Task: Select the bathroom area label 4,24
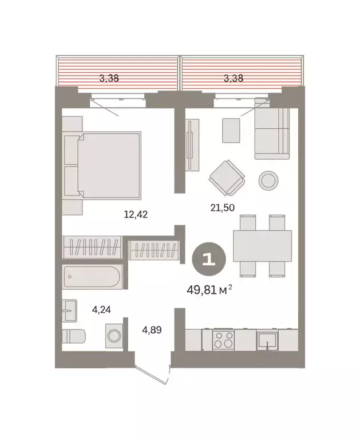101,309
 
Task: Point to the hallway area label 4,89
152,330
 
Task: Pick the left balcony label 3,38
109,78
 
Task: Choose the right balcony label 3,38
233,78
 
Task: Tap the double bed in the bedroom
109,166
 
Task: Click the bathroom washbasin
69,311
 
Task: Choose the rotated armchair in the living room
227,178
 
